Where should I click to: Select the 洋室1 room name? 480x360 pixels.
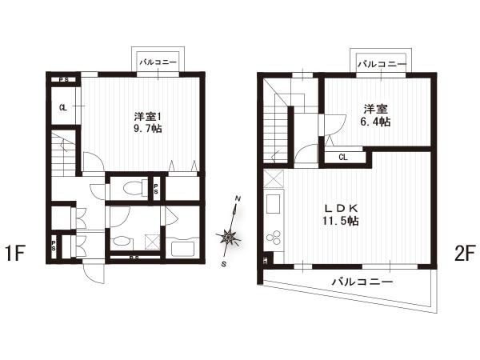[147, 117]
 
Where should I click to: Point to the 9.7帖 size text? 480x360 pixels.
[148, 129]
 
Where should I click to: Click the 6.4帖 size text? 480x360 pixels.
[375, 122]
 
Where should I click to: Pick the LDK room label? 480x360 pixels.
[341, 209]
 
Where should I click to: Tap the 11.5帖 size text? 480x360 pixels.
[341, 221]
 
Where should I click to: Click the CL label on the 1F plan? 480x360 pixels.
[63, 107]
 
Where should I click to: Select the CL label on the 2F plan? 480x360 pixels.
[343, 158]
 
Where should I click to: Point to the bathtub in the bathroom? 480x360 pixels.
[183, 249]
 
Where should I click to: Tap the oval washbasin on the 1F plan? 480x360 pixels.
[122, 244]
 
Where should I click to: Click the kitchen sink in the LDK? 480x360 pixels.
[273, 204]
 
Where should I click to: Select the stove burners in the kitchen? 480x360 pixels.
[274, 237]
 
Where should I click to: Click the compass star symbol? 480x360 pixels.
[227, 236]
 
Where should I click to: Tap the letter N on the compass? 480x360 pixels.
[238, 198]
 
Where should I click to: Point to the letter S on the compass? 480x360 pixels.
[224, 264]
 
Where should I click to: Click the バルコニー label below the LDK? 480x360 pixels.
[362, 282]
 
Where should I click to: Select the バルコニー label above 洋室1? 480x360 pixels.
[158, 62]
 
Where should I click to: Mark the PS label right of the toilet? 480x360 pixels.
[156, 189]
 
